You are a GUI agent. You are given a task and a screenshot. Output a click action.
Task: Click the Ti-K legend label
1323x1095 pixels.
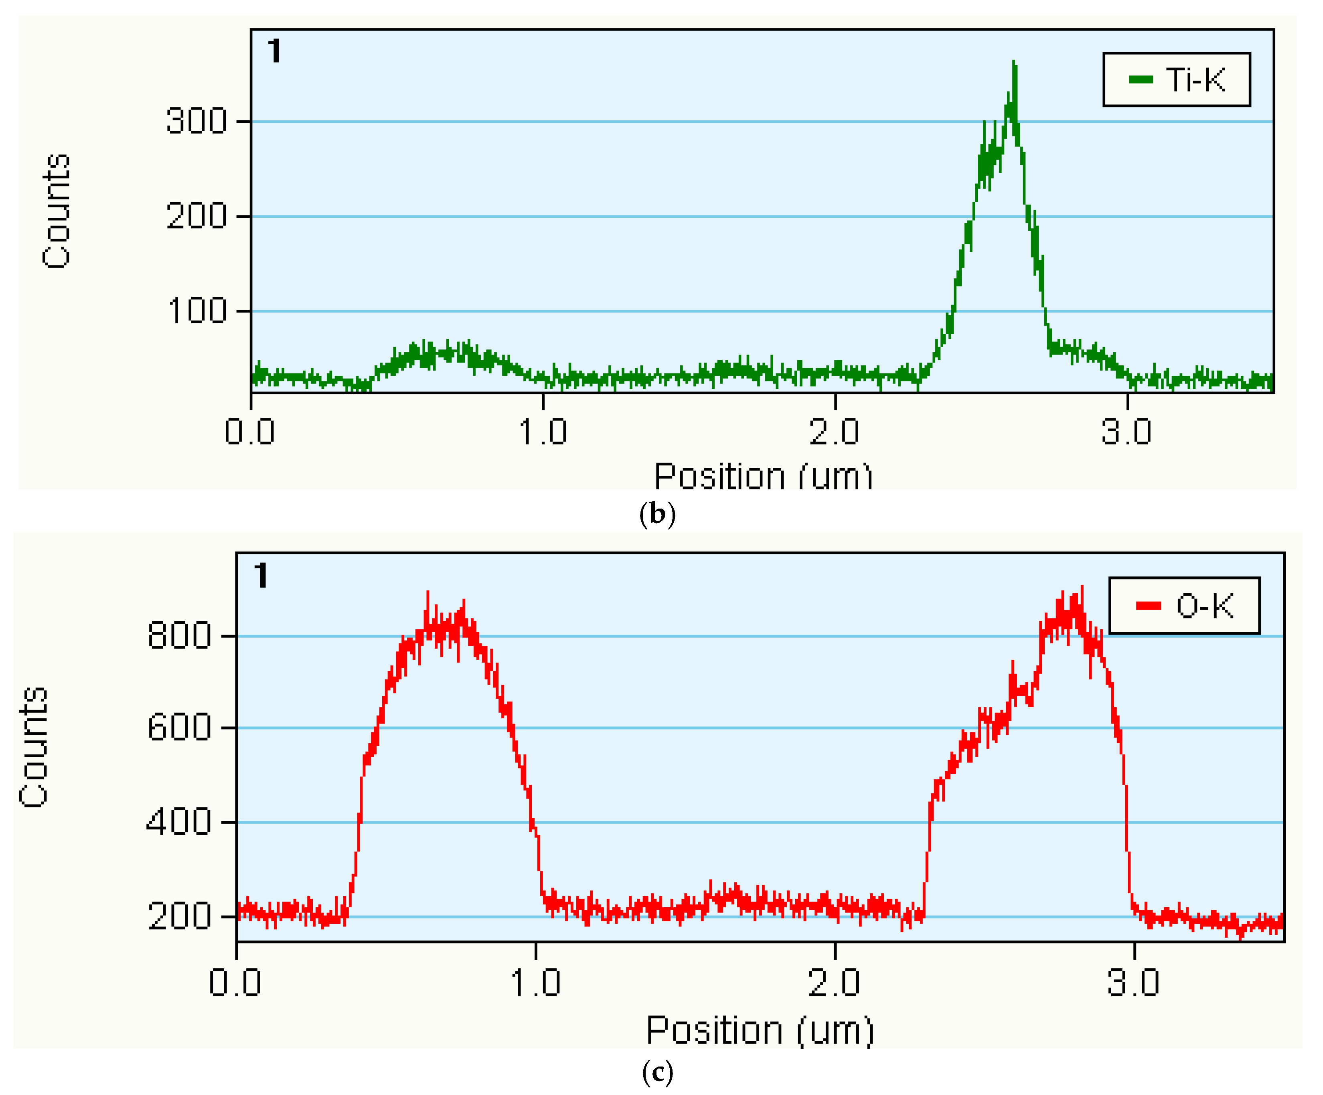(1195, 80)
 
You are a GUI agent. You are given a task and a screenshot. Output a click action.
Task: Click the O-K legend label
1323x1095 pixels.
(1204, 606)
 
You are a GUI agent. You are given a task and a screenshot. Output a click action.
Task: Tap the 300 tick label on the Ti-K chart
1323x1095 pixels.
(196, 121)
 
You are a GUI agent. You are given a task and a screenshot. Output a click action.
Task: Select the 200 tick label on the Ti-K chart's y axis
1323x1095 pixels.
(196, 216)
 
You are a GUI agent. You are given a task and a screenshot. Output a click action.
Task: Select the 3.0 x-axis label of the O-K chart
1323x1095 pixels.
(1133, 982)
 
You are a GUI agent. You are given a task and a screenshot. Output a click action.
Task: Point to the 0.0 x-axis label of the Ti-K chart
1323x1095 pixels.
(250, 432)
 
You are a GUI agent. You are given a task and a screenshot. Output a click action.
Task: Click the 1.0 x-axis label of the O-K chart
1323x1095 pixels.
(535, 982)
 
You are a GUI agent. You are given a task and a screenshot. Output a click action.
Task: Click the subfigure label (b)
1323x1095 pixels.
(657, 514)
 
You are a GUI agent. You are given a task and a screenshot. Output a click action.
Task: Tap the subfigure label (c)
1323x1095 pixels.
(657, 1072)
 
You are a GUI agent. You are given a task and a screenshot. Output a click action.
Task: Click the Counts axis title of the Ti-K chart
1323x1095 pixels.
(56, 211)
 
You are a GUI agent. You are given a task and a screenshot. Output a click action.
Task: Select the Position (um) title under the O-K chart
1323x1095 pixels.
(760, 1031)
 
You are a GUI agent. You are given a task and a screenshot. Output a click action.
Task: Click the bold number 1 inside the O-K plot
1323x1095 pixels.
(261, 576)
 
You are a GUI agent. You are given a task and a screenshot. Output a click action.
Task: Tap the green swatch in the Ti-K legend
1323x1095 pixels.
(1141, 79)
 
